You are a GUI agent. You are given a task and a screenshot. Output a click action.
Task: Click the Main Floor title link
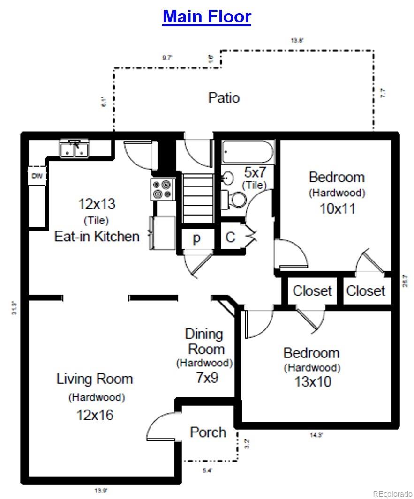pos(207,16)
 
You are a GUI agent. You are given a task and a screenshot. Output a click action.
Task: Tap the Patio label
pos(224,98)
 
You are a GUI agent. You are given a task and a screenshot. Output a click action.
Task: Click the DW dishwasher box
pos(37,177)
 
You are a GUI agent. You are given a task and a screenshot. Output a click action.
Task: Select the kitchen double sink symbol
pos(75,149)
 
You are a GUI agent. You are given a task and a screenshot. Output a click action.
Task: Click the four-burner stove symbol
pos(162,189)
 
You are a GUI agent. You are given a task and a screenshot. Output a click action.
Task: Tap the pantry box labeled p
pos(196,238)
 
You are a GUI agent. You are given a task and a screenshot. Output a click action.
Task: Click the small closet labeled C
pos(230,238)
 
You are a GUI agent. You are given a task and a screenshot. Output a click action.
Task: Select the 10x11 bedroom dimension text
pos(337,209)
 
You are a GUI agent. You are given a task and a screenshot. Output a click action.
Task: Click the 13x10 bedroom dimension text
pos(313,382)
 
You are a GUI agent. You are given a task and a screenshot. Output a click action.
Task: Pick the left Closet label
pos(312,291)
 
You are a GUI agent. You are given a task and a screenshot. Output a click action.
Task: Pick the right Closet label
pos(366,291)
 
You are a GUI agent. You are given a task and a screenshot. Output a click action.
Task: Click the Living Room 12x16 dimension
pos(95,415)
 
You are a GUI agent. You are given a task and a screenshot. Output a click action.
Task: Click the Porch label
pos(208,432)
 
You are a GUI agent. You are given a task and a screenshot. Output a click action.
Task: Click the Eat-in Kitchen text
pos(97,236)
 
